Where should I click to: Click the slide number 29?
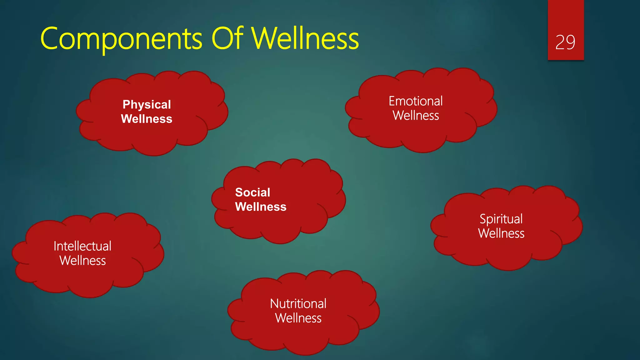tap(565, 42)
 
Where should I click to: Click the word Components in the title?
tap(121, 39)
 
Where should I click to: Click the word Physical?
tap(147, 105)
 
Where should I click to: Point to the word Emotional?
tap(416, 101)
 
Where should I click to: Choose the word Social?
tap(252, 192)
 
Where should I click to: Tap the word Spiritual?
tap(501, 219)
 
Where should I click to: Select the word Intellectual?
tap(82, 246)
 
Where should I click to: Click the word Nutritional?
tap(298, 304)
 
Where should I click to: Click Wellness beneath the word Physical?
tap(147, 119)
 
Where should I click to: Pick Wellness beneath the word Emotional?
tap(416, 116)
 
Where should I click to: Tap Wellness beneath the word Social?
tap(261, 207)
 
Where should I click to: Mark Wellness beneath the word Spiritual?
tap(501, 233)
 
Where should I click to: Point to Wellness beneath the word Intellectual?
tap(82, 261)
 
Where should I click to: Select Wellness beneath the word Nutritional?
tap(298, 318)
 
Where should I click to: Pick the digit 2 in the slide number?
tap(560, 42)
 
